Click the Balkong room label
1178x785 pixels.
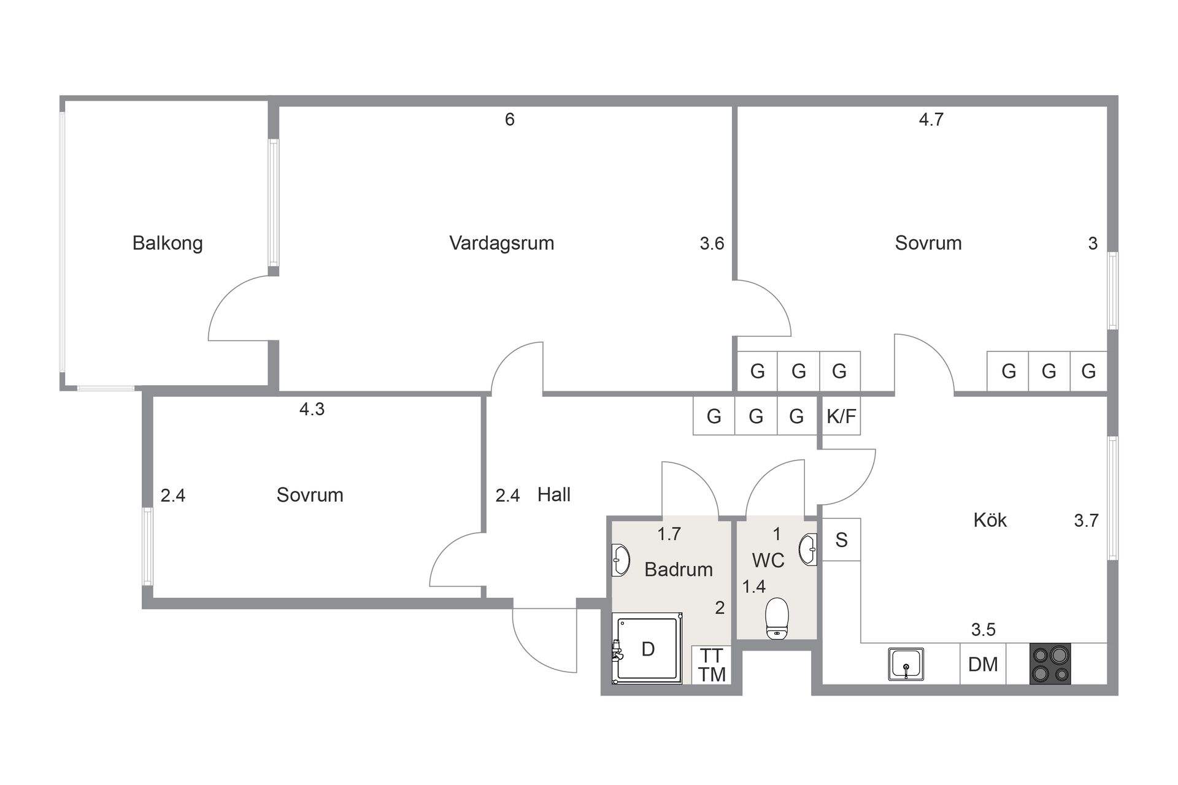point(167,243)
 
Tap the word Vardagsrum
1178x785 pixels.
point(501,243)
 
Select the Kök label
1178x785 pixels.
point(990,520)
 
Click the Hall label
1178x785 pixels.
point(553,494)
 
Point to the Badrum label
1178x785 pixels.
point(678,569)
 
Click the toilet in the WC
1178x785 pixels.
point(777,618)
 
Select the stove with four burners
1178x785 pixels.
point(1050,664)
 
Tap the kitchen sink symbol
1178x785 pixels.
point(906,664)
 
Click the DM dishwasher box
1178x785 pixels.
point(982,664)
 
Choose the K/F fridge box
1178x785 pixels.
point(841,416)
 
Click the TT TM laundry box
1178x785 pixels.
point(712,665)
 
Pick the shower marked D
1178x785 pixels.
point(648,649)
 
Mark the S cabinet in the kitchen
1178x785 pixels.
point(841,540)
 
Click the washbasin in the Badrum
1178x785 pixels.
point(621,560)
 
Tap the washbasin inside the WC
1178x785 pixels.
point(808,549)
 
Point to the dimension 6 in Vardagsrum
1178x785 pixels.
point(509,120)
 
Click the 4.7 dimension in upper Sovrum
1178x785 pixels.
point(931,120)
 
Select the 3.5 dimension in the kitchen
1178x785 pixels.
point(983,630)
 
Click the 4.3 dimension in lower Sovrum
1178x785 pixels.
point(312,409)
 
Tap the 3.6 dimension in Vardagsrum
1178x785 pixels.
point(712,243)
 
